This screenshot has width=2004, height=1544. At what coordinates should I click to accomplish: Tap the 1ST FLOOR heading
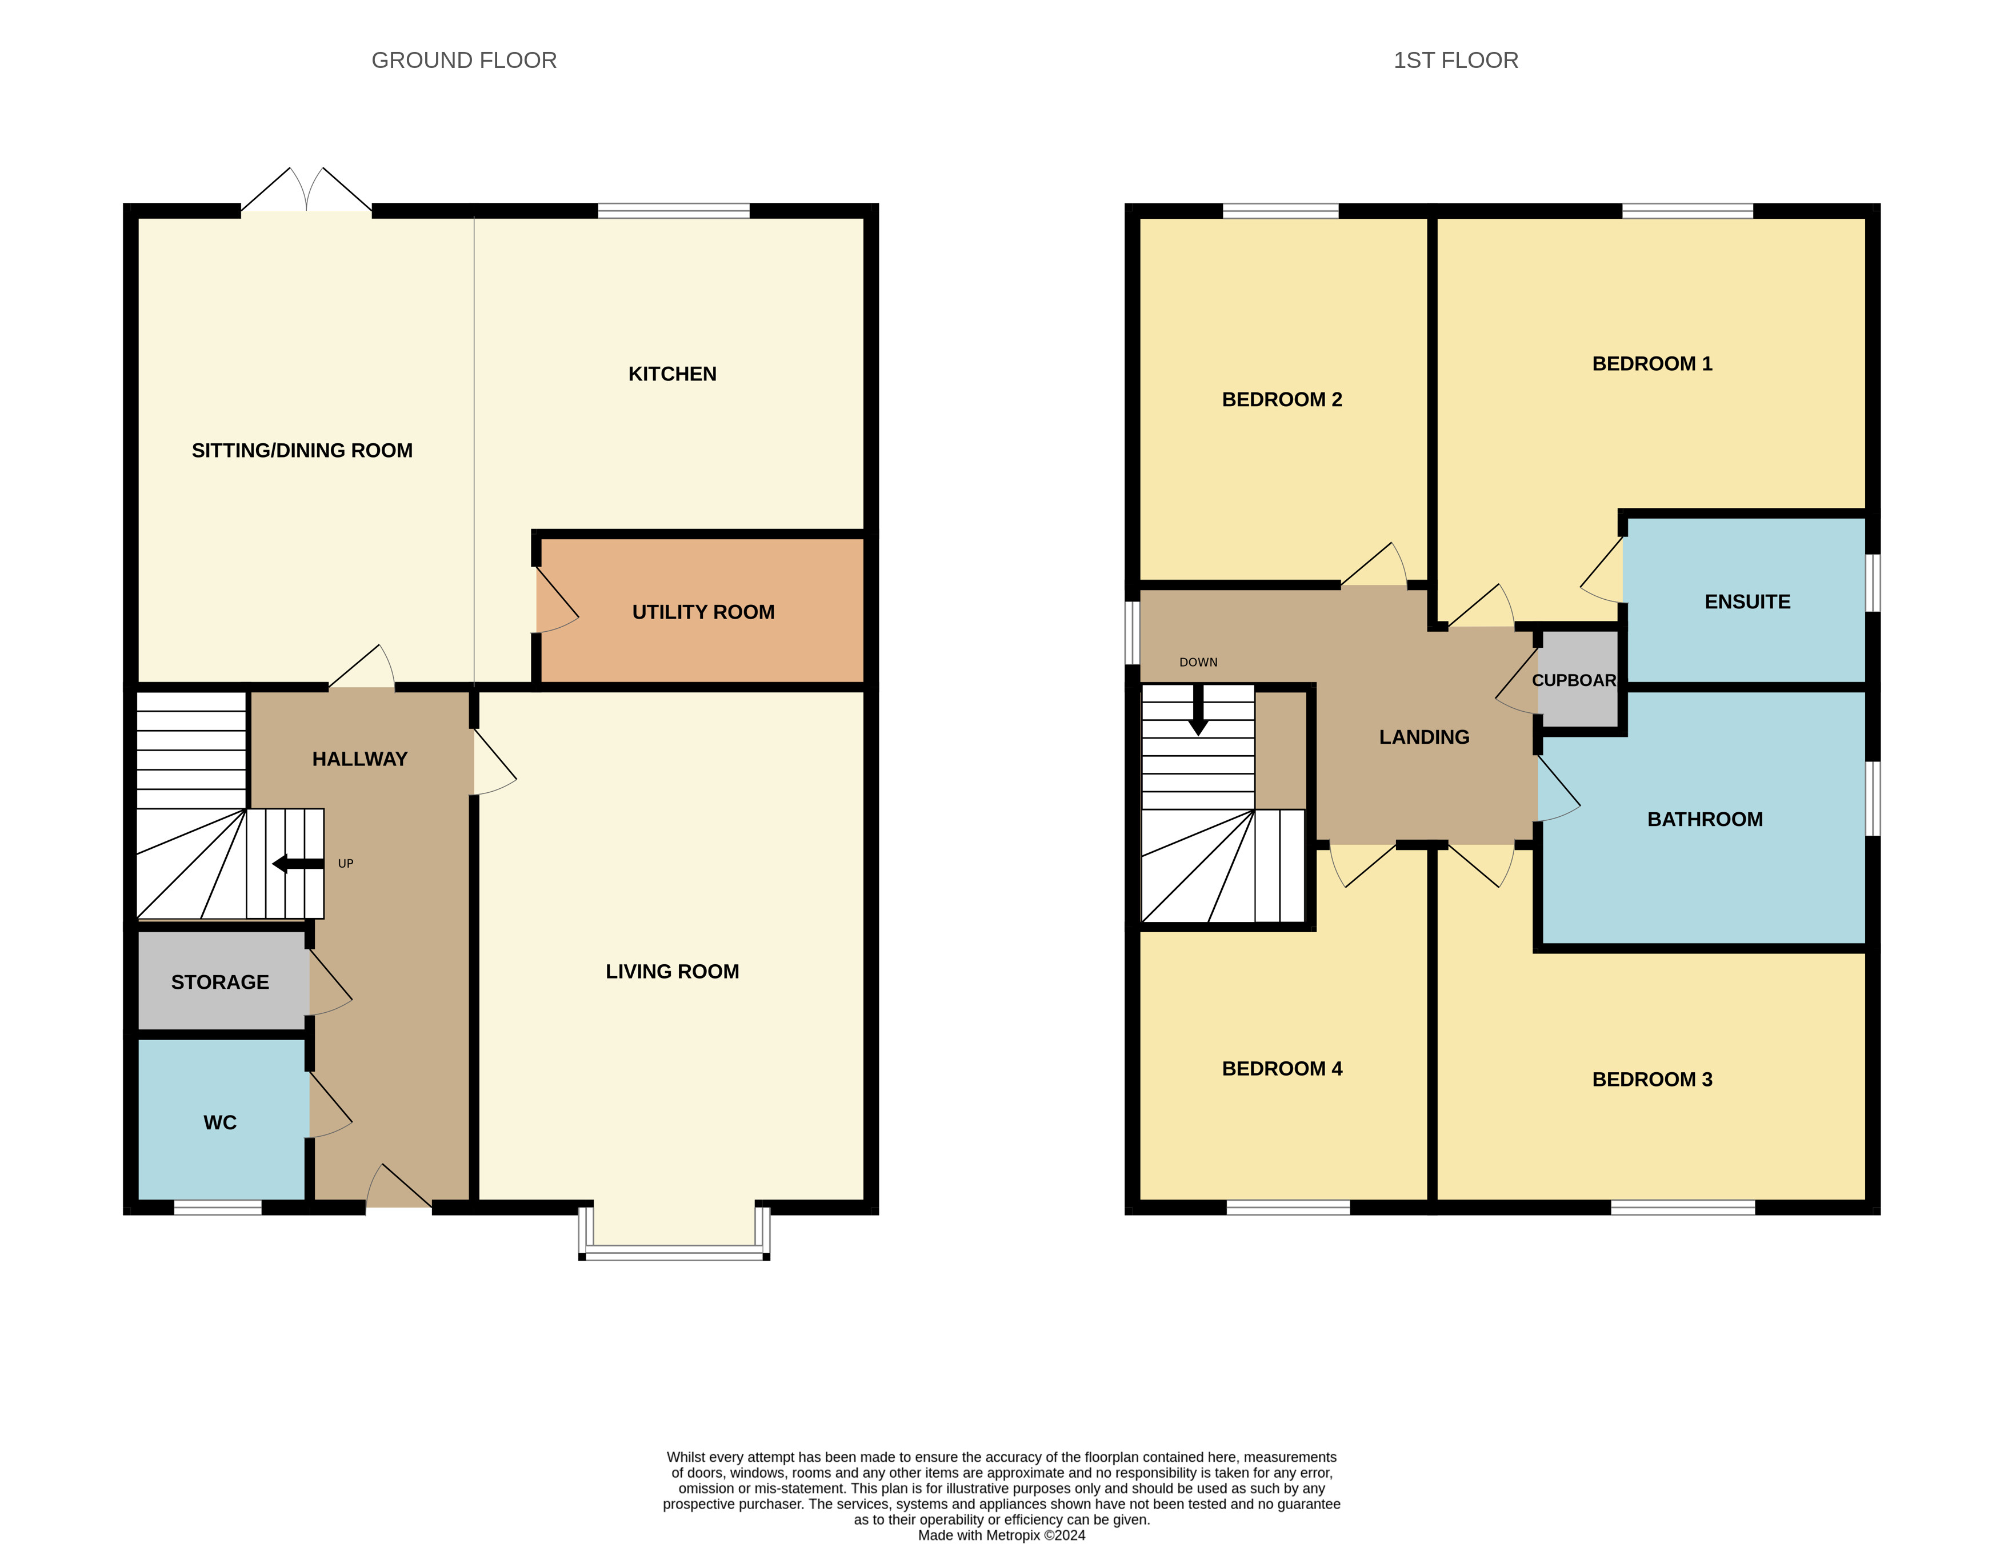tap(1455, 61)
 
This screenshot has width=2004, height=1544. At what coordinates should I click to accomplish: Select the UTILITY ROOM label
tap(703, 612)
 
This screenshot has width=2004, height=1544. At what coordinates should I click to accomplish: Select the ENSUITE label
tap(1747, 602)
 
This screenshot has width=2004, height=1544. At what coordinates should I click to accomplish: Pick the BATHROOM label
tap(1705, 819)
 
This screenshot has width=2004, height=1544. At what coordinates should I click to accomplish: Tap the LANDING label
tap(1424, 737)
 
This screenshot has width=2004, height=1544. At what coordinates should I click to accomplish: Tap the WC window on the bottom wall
tap(218, 1208)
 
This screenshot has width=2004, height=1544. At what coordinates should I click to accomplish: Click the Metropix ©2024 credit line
tap(1001, 1535)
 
